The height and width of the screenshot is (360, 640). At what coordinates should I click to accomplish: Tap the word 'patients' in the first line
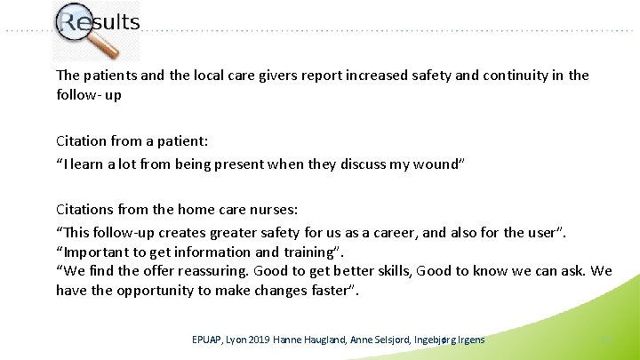point(110,75)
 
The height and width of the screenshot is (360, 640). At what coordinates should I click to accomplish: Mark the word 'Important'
point(95,252)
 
